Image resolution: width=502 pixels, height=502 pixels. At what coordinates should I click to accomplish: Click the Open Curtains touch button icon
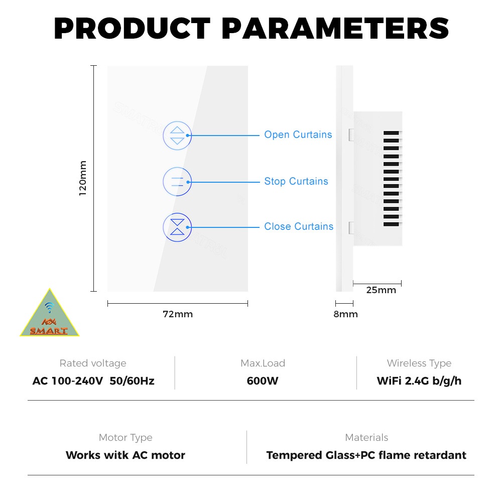click(177, 136)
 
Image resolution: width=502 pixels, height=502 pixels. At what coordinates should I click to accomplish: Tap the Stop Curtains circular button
click(177, 182)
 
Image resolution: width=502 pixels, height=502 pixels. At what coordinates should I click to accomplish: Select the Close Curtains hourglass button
click(177, 227)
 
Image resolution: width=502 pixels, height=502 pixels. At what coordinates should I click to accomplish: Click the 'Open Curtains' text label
click(298, 135)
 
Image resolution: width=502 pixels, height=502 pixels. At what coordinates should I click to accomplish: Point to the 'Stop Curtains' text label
click(296, 181)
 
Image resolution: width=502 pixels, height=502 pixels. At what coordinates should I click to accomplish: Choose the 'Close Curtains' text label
click(299, 226)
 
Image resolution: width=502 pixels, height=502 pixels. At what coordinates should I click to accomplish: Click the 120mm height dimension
click(83, 178)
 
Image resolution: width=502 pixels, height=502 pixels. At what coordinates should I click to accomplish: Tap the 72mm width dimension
click(178, 314)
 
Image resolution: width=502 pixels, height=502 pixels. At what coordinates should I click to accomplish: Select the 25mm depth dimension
click(381, 290)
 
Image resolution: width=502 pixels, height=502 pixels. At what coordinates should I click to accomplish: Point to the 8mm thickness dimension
click(345, 314)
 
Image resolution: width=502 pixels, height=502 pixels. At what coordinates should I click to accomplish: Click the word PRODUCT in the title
click(132, 29)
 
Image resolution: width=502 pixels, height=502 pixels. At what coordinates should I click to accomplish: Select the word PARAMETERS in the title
click(335, 29)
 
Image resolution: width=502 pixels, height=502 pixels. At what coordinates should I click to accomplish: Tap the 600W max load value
click(263, 381)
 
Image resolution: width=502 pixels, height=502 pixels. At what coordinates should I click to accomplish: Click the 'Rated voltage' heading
click(93, 363)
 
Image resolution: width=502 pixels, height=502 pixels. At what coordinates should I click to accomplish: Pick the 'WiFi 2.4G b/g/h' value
click(419, 381)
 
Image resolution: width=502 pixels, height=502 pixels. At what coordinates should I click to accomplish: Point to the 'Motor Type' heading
click(125, 438)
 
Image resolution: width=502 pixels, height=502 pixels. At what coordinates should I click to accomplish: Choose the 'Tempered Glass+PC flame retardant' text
click(366, 455)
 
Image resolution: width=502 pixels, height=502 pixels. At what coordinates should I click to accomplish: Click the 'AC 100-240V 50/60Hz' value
click(93, 381)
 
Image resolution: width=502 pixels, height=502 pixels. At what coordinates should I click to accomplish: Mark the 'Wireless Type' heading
click(419, 363)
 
